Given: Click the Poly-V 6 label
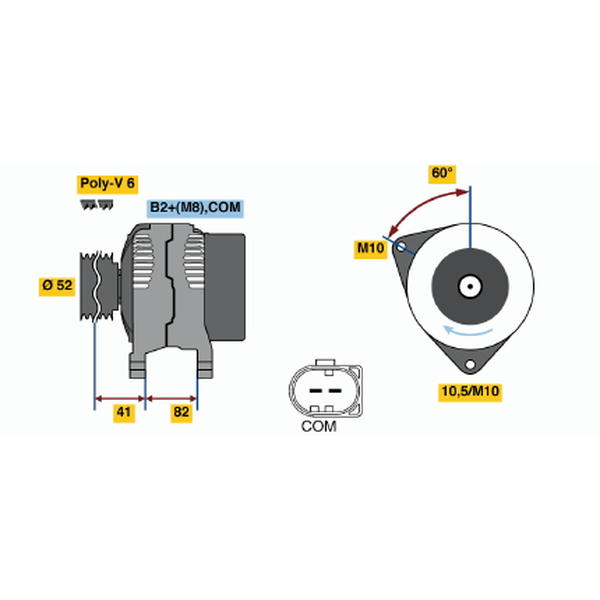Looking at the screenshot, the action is (x=107, y=184).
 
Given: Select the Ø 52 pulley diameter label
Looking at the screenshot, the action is (x=57, y=285).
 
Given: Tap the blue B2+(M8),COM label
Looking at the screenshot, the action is (x=195, y=208).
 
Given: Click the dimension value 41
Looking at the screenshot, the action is (x=124, y=413).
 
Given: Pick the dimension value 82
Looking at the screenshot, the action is (x=181, y=412).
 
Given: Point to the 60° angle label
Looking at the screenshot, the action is (x=442, y=174).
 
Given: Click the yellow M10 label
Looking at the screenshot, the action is (x=370, y=249).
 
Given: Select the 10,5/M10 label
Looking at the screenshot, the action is (x=470, y=392).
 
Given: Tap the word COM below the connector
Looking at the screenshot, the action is (x=319, y=426).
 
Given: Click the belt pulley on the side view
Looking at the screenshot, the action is (x=98, y=285).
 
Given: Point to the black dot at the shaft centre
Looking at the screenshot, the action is (x=470, y=287).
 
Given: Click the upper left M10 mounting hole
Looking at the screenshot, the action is (x=401, y=247).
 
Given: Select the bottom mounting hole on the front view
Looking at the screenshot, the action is (x=470, y=364).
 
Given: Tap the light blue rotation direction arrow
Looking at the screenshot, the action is (x=467, y=331).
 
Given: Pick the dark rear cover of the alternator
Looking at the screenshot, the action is (x=225, y=287).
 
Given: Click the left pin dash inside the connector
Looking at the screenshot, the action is (x=316, y=391).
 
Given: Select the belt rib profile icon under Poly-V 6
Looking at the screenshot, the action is (x=96, y=205).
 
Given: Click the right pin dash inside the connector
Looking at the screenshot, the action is (x=335, y=391).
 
